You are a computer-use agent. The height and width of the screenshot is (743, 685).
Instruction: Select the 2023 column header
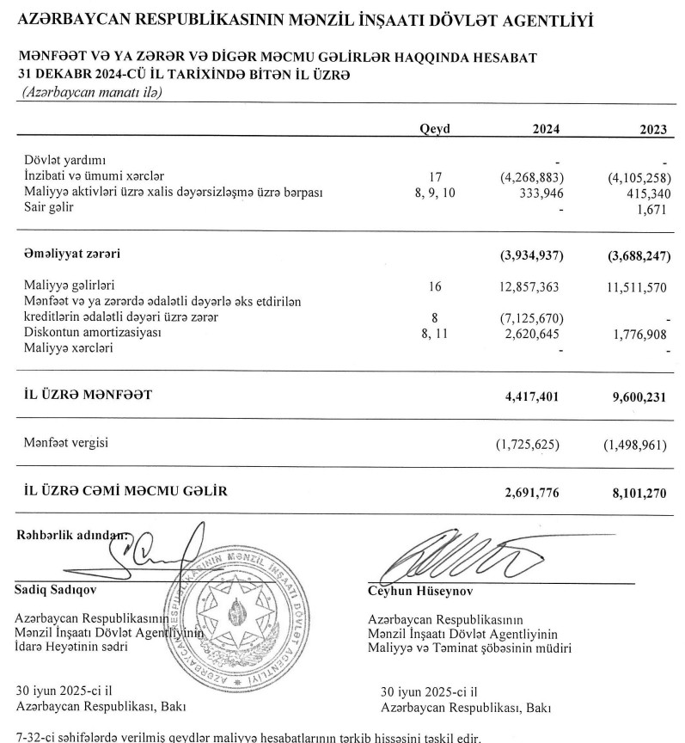(653, 129)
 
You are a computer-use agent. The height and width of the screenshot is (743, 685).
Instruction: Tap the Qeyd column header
(435, 129)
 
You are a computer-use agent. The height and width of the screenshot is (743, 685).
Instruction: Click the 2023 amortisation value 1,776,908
(638, 332)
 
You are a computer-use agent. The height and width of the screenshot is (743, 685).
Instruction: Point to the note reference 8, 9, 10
(435, 193)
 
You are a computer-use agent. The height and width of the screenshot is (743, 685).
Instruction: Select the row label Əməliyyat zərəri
(71, 255)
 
